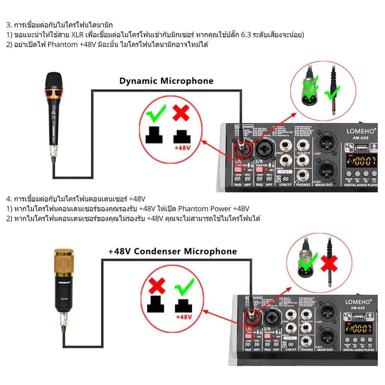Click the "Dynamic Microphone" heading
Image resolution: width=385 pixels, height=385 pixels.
coord(166,81)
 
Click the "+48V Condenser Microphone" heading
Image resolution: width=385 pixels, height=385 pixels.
coord(173,251)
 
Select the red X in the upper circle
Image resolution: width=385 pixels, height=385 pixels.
coord(181,112)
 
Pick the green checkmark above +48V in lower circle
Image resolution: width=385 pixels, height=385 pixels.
coord(184,288)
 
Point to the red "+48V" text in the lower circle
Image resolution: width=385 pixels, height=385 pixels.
coord(184,317)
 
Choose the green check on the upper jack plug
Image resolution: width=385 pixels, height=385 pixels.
coord(332,92)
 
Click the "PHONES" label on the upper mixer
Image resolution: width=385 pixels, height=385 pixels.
coord(303,185)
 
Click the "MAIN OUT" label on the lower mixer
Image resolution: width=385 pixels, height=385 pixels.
coord(324,350)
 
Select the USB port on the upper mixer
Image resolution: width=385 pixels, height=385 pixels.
coord(360,147)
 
